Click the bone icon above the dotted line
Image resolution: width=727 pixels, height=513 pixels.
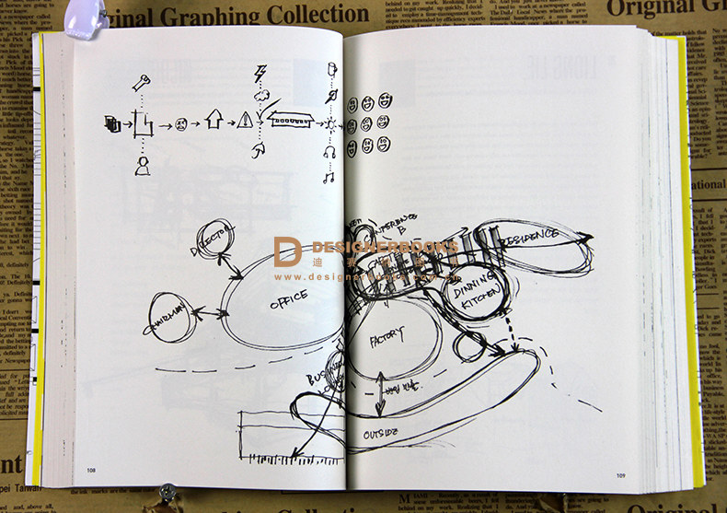(142, 84)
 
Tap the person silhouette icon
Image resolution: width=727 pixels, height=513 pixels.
(143, 165)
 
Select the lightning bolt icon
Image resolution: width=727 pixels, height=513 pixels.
(260, 75)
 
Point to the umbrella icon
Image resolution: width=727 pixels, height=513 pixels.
(260, 147)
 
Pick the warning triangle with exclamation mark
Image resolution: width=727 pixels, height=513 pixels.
(245, 120)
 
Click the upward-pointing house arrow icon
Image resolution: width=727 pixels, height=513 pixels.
(213, 118)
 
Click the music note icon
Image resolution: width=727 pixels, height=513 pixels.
(329, 176)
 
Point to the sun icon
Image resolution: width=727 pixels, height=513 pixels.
(329, 123)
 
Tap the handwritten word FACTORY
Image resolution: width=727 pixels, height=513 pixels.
(387, 342)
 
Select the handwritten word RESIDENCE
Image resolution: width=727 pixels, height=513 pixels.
(530, 236)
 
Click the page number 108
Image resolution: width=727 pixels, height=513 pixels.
(92, 471)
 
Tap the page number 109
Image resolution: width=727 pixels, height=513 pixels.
(620, 475)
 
